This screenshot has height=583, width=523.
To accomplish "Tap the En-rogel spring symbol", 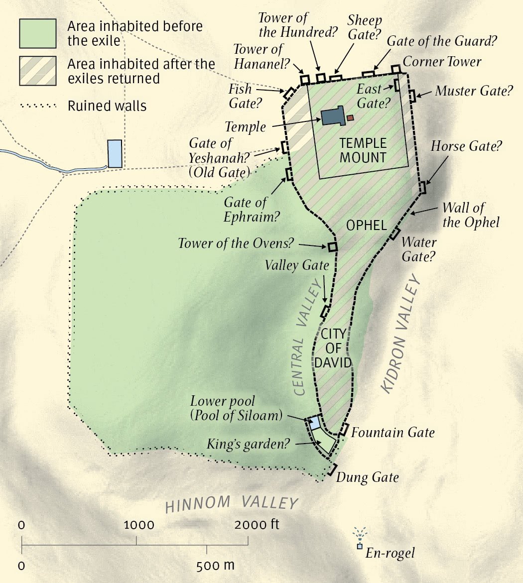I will pos(359,546).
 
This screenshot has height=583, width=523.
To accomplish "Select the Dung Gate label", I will pos(368,477).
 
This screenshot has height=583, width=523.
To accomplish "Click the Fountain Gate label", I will pos(392,432).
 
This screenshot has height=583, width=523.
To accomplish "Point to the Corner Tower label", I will pos(442,62).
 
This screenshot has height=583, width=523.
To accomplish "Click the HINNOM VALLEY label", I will pos(232,504).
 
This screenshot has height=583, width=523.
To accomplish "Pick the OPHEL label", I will pos(367,226).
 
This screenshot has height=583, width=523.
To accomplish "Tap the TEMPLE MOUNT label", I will pos(363,150).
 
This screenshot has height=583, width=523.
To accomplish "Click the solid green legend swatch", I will pos(37,33).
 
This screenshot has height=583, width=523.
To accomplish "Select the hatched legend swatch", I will pos(37,71).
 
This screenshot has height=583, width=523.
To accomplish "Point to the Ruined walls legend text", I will pos(107,106).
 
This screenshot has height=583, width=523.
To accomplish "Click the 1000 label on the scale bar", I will pos(139,525).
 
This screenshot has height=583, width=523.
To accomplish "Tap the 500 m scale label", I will pos(215,566).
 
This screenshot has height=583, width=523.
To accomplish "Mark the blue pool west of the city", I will pos(115,153).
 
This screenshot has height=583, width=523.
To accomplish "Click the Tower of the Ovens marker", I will pos(332,246).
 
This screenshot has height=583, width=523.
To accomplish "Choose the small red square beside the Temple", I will pos(350,118).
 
